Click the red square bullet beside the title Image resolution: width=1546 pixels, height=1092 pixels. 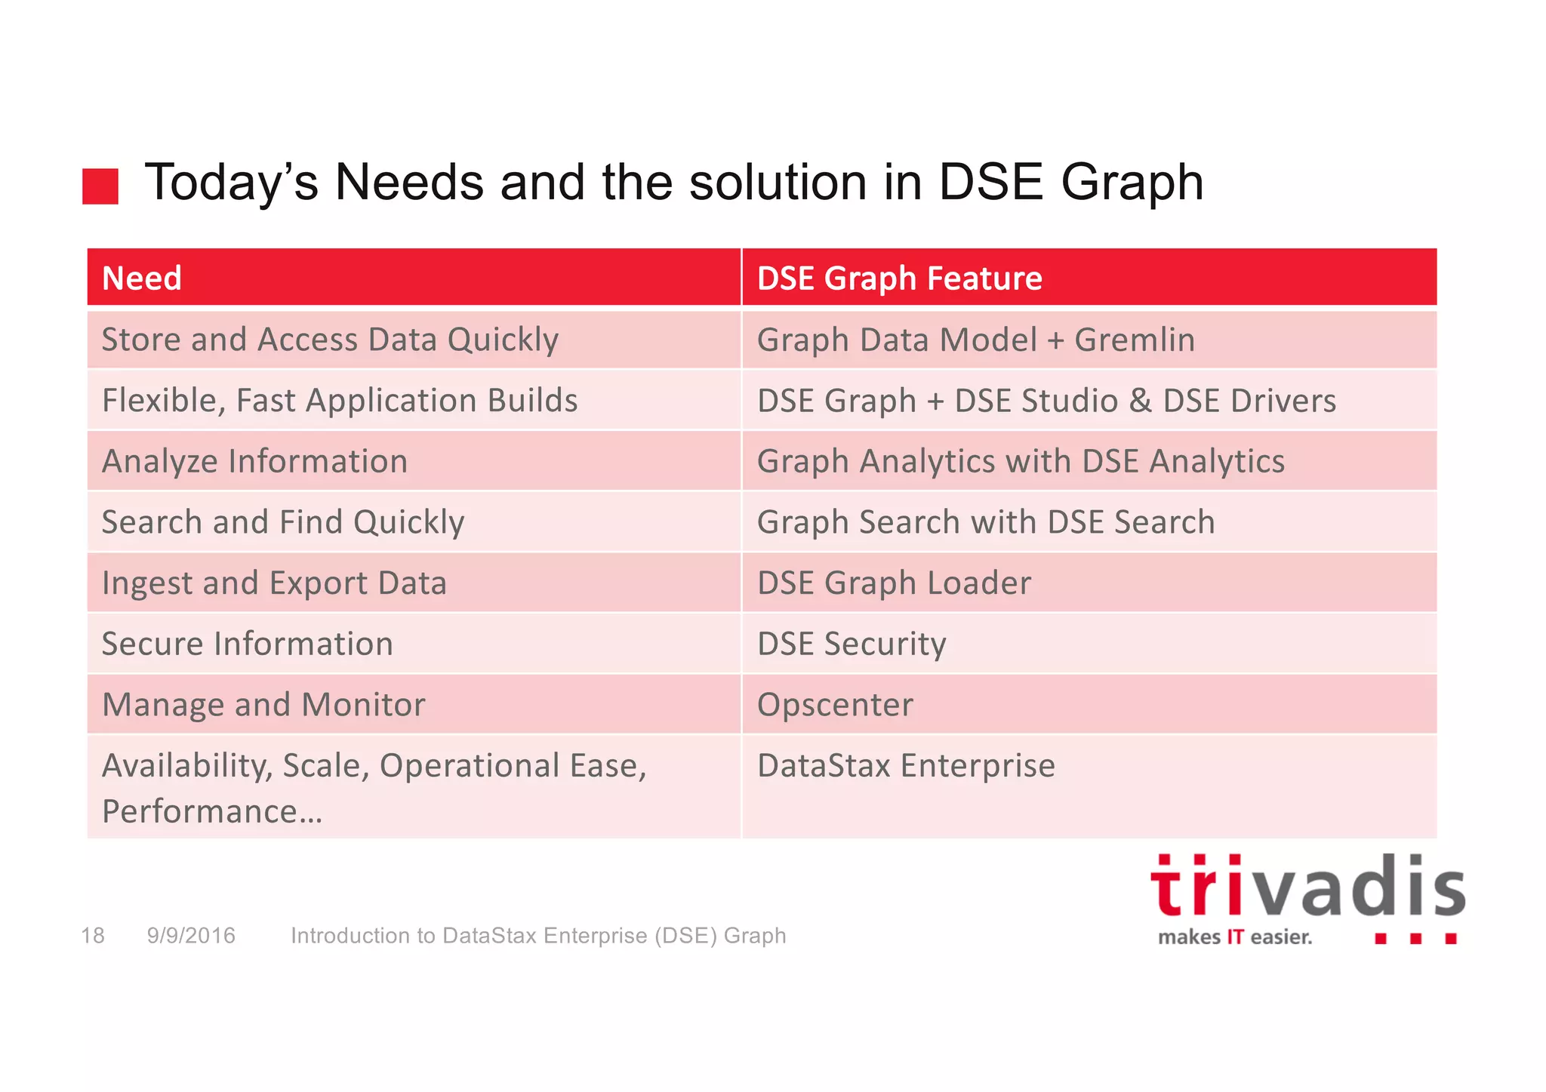100,186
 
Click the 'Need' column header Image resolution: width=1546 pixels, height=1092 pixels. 142,278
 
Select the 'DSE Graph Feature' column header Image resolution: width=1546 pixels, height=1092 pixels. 899,278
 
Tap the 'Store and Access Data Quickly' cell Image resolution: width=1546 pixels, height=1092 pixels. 330,340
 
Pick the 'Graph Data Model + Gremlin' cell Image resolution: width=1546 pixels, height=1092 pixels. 975,340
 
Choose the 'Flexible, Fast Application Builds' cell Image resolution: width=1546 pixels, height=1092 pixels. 340,401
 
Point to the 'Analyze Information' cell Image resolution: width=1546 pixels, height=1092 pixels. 255,461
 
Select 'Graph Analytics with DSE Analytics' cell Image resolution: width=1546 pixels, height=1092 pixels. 1021,461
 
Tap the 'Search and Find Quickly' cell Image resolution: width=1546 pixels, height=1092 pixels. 283,522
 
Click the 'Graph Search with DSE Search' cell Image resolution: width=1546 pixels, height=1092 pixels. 986,522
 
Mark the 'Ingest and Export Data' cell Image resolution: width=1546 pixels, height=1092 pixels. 274,583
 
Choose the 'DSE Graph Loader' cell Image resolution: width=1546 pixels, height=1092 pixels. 894,583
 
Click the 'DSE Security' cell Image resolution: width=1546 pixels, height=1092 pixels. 852,644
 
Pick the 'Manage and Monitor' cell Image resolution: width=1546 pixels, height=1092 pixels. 263,705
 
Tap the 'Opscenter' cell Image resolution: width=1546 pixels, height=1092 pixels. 835,705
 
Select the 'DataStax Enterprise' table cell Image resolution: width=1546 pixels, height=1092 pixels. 906,766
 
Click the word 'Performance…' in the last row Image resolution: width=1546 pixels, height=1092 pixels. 212,812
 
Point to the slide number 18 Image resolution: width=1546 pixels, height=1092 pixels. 93,936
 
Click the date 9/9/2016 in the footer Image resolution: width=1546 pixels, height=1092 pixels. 191,936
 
